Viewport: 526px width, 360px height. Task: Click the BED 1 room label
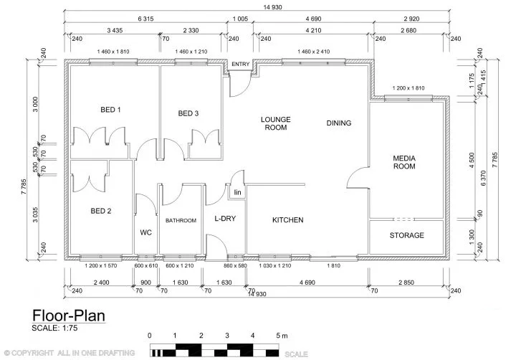click(x=110, y=110)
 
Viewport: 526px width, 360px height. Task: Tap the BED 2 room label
click(x=100, y=211)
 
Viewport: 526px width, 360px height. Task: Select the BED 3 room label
click(x=188, y=113)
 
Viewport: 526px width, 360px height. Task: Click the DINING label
click(x=339, y=123)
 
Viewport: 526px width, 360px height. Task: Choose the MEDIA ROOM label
click(x=404, y=162)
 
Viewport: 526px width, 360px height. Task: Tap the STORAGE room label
click(x=406, y=235)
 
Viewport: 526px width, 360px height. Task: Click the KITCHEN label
click(x=287, y=220)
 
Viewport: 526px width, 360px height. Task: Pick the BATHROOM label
click(x=181, y=221)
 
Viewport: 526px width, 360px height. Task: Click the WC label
click(x=145, y=232)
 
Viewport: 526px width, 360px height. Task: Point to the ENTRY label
click(x=240, y=65)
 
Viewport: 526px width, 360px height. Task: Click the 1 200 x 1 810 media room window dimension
click(x=408, y=88)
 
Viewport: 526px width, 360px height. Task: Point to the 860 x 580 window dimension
click(x=234, y=266)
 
